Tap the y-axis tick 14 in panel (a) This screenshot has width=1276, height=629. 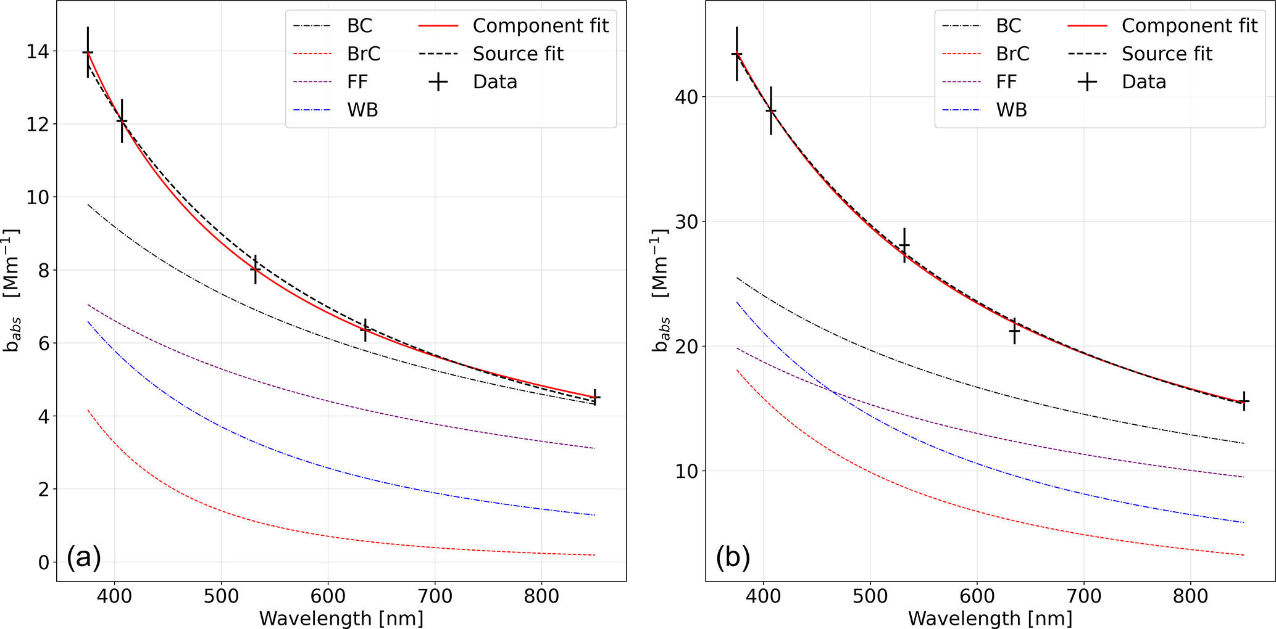[39, 52]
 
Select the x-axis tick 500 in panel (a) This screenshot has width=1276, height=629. [221, 596]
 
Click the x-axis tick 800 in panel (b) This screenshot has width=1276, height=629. [1190, 596]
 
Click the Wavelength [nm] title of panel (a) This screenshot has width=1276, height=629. [341, 617]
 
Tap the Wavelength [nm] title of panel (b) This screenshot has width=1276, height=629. [990, 617]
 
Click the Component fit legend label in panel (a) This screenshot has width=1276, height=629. [540, 26]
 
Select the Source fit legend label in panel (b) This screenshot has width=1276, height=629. [1167, 54]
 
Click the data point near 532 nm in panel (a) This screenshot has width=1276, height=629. [255, 269]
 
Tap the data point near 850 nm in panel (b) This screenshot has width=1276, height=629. [1244, 401]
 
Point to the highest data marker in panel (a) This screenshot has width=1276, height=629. [88, 53]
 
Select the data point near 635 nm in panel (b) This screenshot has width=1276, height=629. [1014, 331]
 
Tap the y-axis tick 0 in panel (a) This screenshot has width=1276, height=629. [43, 562]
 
